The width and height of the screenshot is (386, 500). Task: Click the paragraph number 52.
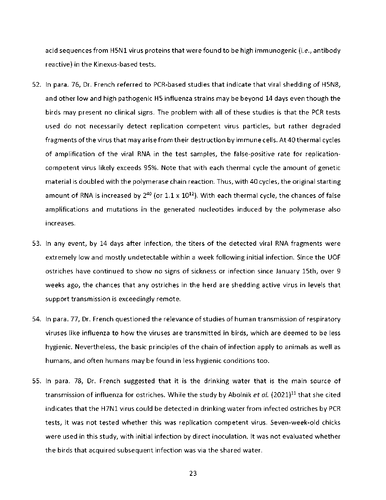click(35, 85)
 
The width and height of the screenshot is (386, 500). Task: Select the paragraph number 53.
click(35, 244)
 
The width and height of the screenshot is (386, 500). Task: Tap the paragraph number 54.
click(35, 320)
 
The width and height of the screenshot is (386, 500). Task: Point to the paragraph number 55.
click(35, 381)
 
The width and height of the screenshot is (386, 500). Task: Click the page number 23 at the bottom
click(193, 473)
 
